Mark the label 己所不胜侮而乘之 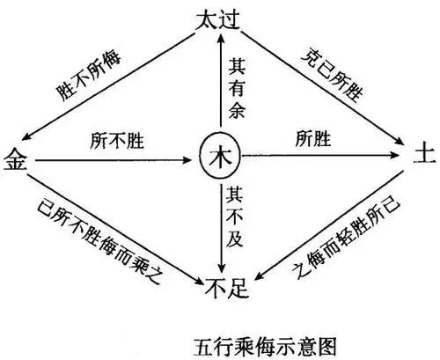97,233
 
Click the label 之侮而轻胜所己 343,235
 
